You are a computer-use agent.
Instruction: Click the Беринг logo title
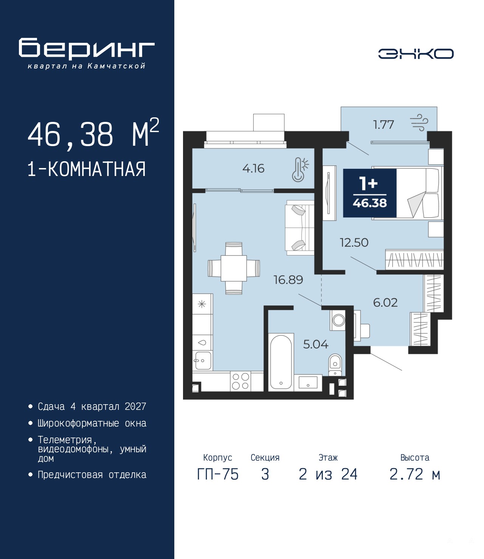[x=87, y=49]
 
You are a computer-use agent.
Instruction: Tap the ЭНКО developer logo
[x=416, y=53]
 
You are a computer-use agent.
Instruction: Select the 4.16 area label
[x=253, y=168]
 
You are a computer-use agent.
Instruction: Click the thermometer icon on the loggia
[x=300, y=169]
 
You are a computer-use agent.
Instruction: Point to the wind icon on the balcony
[x=419, y=123]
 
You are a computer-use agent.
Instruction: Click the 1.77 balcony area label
[x=383, y=125]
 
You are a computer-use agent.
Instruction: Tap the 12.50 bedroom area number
[x=354, y=243]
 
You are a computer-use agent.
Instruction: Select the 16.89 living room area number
[x=289, y=280]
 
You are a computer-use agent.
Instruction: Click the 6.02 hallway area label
[x=385, y=302]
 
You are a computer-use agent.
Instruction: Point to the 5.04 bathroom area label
[x=316, y=344]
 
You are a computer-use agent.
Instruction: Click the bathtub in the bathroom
[x=281, y=362]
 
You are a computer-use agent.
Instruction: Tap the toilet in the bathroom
[x=335, y=365]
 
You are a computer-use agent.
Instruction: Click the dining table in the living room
[x=234, y=268]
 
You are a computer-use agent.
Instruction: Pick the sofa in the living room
[x=300, y=227]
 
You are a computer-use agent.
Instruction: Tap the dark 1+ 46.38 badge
[x=370, y=193]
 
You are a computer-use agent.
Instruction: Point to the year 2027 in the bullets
[x=135, y=406]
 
